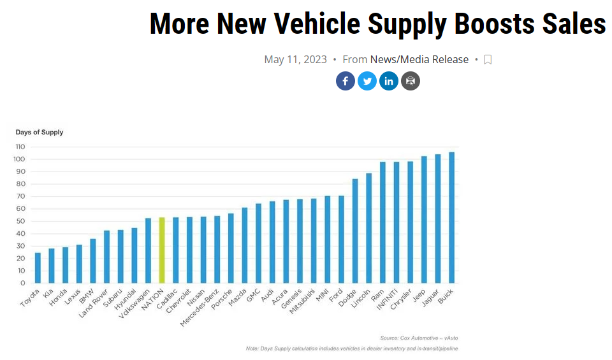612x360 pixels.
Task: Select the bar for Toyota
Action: [x=38, y=268]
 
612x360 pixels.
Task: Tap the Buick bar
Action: [x=451, y=217]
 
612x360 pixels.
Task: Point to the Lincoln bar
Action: [x=368, y=228]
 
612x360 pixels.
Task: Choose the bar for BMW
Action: [x=93, y=261]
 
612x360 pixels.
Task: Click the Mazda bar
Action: [x=244, y=245]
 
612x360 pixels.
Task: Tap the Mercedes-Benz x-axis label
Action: [x=199, y=308]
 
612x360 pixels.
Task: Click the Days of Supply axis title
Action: [x=40, y=132]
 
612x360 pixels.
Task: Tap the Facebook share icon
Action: [x=346, y=81]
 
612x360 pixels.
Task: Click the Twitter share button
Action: [x=367, y=81]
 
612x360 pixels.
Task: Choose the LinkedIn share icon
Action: [x=389, y=81]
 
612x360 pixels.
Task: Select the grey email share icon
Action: [x=411, y=81]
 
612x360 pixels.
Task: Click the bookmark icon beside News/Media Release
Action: [x=488, y=59]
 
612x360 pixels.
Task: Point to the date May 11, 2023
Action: [x=295, y=59]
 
